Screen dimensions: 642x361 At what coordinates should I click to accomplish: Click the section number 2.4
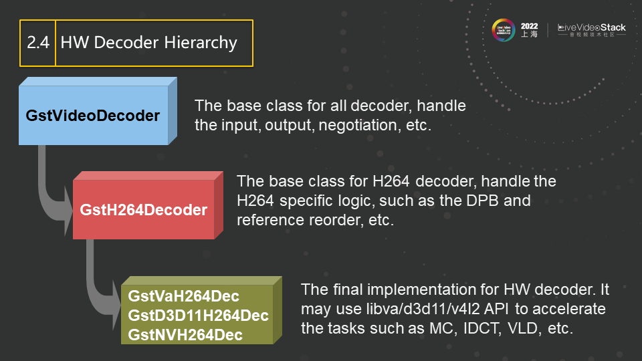pyautogui.click(x=38, y=43)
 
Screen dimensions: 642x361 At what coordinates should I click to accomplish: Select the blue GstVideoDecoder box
pyautogui.click(x=98, y=111)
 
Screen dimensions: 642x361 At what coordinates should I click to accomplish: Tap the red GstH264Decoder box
pyautogui.click(x=148, y=205)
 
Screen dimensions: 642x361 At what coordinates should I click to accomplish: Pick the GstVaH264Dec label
pyautogui.click(x=183, y=296)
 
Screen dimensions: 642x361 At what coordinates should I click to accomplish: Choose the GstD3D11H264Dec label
pyautogui.click(x=198, y=316)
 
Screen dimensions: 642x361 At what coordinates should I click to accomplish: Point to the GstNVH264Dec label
pyautogui.click(x=185, y=335)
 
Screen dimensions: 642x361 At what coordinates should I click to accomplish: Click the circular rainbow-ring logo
pyautogui.click(x=503, y=30)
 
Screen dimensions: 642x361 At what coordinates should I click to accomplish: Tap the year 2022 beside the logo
pyautogui.click(x=529, y=26)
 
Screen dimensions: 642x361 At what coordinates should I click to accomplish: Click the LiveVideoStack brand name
pyautogui.click(x=592, y=27)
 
